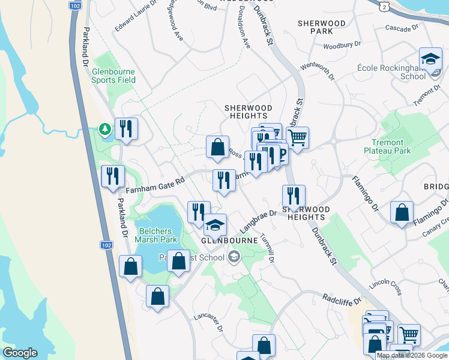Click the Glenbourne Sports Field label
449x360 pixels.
(x=113, y=75)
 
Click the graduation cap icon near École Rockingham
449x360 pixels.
(x=430, y=59)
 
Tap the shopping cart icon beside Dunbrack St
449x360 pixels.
(x=297, y=138)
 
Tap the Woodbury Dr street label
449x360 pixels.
(x=341, y=45)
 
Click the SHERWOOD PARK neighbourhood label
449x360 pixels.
(x=321, y=27)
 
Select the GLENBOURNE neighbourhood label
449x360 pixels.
(x=229, y=240)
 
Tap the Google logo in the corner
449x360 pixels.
(x=20, y=353)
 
